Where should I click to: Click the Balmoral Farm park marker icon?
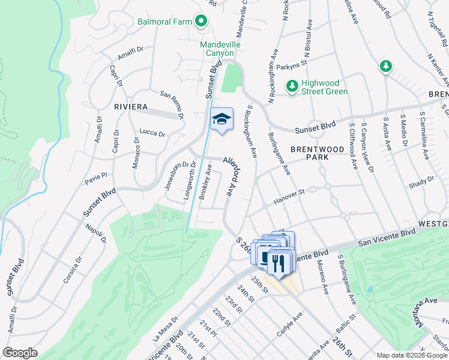(201, 22)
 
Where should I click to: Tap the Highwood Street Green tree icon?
(292, 86)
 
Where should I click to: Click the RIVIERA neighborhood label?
(130, 107)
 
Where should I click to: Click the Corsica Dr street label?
(70, 271)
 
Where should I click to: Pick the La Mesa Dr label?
(167, 326)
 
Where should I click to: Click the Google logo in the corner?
(20, 353)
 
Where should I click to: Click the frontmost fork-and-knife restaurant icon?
(278, 262)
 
